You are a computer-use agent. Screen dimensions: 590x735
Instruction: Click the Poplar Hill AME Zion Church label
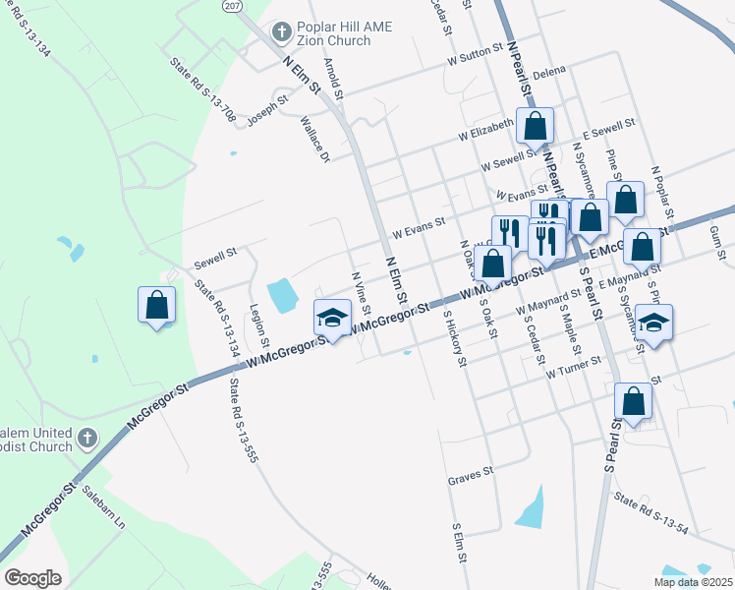point(335,33)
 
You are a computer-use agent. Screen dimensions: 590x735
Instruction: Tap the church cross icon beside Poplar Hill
point(281,32)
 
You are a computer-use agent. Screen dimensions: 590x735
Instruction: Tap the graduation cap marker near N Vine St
point(333,317)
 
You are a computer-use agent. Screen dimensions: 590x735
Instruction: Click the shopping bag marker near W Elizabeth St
point(536,127)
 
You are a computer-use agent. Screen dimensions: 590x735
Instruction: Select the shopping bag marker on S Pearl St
point(633,401)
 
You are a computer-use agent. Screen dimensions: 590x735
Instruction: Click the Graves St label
point(470,479)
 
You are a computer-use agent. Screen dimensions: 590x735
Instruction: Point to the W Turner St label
point(573,368)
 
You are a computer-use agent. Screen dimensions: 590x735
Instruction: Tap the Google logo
point(32,578)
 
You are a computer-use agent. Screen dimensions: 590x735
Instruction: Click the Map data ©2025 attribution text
point(693,582)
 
